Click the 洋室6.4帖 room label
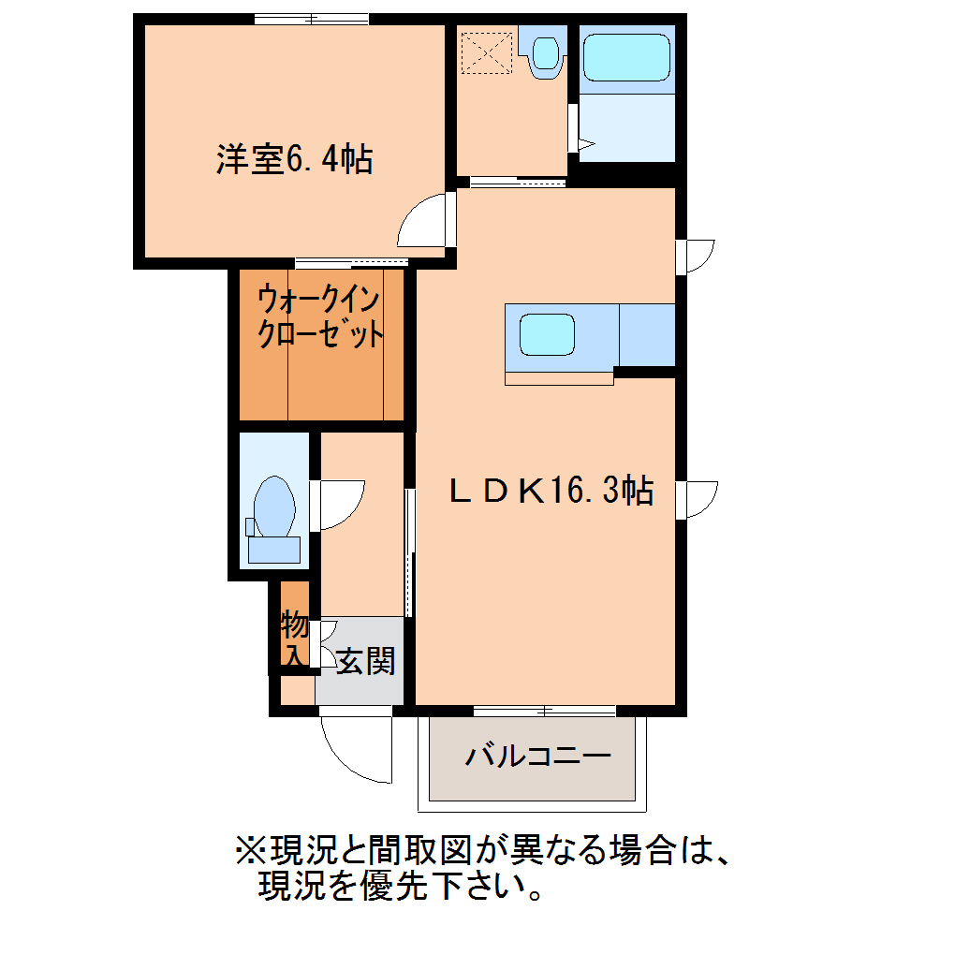(x=294, y=160)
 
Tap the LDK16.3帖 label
(x=551, y=490)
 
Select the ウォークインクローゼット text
(x=320, y=317)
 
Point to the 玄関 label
(x=365, y=662)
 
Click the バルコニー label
(x=537, y=756)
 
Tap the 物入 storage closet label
(x=295, y=638)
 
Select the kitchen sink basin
(x=547, y=334)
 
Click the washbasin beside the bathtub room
(x=545, y=51)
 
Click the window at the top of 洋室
(x=312, y=19)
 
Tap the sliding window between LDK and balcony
(x=544, y=710)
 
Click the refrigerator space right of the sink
(x=647, y=334)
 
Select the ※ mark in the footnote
(x=250, y=852)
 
